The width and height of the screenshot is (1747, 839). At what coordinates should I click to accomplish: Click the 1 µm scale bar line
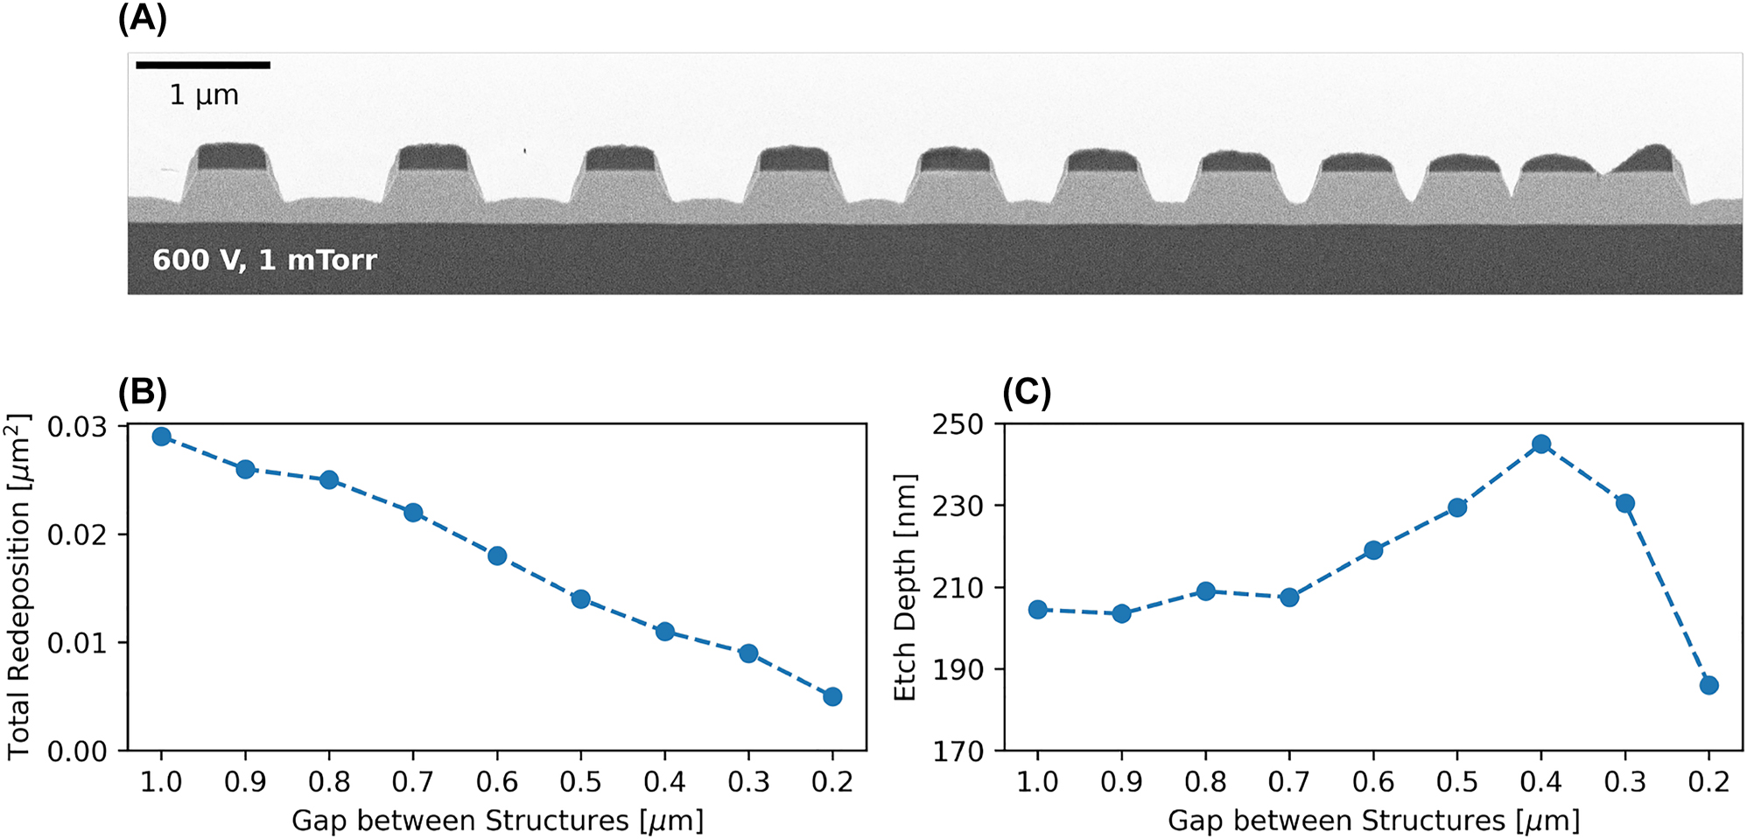click(203, 65)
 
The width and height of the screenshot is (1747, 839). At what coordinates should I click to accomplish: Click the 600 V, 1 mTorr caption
click(264, 260)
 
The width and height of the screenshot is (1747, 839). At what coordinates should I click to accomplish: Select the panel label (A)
click(142, 18)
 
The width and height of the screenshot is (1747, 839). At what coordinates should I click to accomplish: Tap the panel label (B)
click(142, 393)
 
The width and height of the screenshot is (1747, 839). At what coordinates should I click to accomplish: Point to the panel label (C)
click(1027, 393)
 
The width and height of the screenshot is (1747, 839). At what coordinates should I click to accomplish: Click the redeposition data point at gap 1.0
click(161, 436)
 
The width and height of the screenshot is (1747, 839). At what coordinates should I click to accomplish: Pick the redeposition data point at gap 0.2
click(832, 696)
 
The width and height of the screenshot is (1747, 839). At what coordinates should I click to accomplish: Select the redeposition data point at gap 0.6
click(497, 556)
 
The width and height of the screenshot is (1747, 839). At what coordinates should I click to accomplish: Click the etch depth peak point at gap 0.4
click(1541, 444)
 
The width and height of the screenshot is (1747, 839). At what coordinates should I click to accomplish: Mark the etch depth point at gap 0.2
click(1709, 685)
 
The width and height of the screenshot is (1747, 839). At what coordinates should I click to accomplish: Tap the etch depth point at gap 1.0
click(1038, 609)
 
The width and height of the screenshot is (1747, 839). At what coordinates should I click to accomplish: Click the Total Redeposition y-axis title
click(19, 586)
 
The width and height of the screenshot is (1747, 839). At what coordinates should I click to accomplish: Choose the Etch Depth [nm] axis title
click(904, 587)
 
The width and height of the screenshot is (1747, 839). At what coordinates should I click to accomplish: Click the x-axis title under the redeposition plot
click(497, 821)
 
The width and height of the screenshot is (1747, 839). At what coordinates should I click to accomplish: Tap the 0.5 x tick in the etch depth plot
click(1457, 781)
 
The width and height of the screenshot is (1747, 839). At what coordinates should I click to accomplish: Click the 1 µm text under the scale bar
click(204, 94)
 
